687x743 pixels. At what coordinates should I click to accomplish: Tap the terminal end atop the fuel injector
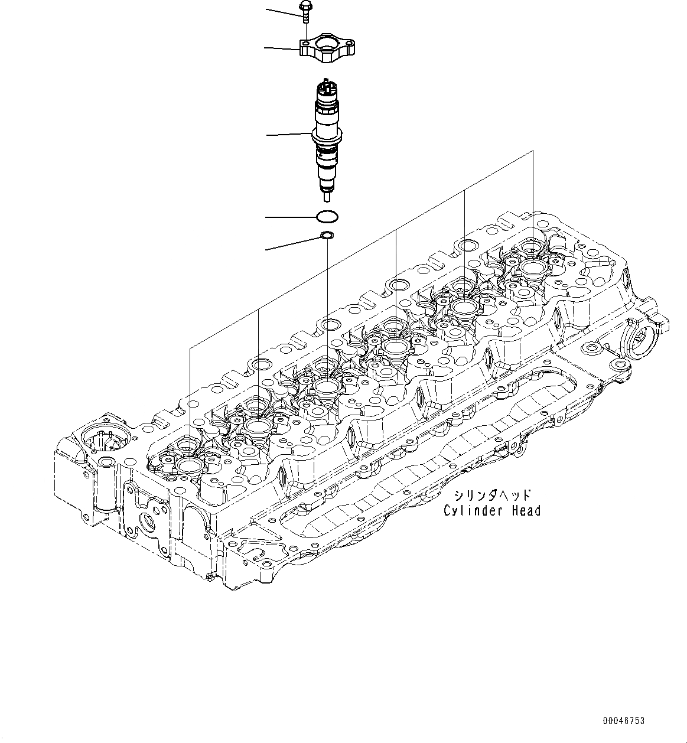coord(327,86)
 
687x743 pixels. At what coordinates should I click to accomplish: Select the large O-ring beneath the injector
coord(327,217)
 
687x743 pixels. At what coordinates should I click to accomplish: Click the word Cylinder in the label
coord(467,511)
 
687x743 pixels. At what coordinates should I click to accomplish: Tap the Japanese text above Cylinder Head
coord(492,495)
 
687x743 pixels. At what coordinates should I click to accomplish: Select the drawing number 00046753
coord(624,721)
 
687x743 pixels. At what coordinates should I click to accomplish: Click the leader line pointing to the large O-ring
coord(289,217)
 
